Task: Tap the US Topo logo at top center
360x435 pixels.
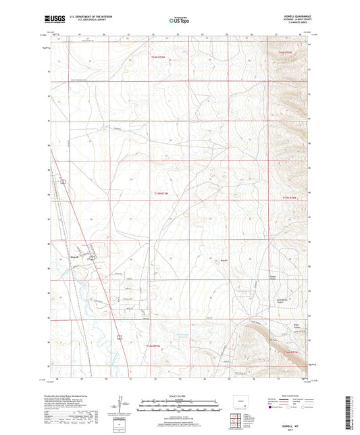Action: [179, 21]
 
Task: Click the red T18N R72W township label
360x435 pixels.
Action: [288, 51]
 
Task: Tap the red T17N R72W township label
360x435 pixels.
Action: [289, 198]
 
